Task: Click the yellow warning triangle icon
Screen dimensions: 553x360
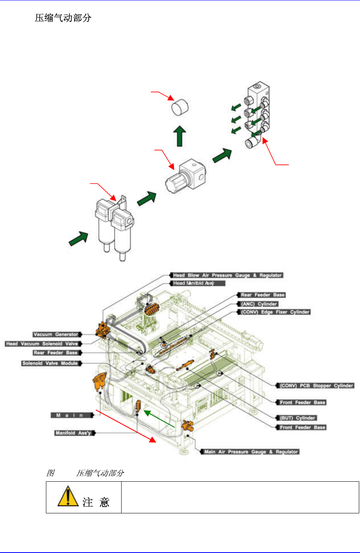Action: pyautogui.click(x=68, y=496)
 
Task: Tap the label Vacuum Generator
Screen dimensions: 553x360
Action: pyautogui.click(x=56, y=335)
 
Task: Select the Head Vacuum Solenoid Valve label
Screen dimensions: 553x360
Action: pyautogui.click(x=42, y=344)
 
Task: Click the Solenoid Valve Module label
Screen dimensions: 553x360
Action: pyautogui.click(x=51, y=363)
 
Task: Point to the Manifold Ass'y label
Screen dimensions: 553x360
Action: pyautogui.click(x=73, y=433)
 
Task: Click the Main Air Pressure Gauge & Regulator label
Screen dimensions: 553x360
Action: pyautogui.click(x=251, y=452)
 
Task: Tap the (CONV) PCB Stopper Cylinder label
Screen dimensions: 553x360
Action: pyautogui.click(x=316, y=385)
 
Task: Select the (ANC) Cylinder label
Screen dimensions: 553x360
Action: pyautogui.click(x=259, y=304)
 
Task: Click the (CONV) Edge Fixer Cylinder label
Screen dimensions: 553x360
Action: pyautogui.click(x=275, y=312)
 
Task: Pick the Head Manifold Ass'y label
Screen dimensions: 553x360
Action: pyautogui.click(x=198, y=283)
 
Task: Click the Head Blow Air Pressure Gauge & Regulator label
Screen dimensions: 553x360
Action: pyautogui.click(x=227, y=275)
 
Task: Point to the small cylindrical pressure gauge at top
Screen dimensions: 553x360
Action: pyautogui.click(x=180, y=107)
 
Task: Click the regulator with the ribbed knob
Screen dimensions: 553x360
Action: pyautogui.click(x=185, y=177)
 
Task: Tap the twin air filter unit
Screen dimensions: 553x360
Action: pyautogui.click(x=114, y=228)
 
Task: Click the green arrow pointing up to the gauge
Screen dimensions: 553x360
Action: pyautogui.click(x=180, y=137)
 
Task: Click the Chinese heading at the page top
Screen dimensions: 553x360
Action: pyautogui.click(x=63, y=18)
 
